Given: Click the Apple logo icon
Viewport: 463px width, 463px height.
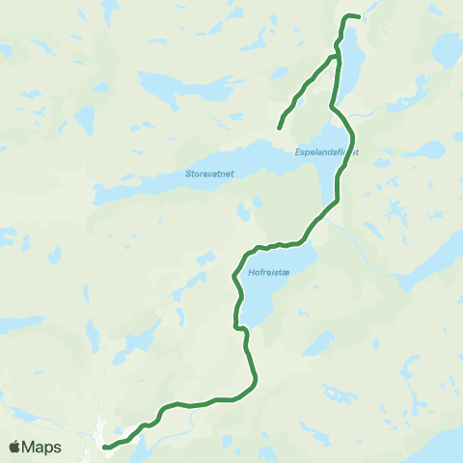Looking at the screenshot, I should click(15, 447).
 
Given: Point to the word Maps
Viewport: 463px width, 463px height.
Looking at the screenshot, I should click(43, 447).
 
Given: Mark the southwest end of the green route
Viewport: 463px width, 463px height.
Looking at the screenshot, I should click(104, 447).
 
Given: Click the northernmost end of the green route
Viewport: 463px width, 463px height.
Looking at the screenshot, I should click(359, 16).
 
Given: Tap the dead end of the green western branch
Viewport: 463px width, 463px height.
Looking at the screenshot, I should click(280, 127).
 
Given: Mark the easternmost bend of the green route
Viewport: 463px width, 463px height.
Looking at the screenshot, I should click(354, 135).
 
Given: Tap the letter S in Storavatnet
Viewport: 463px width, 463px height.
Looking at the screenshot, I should click(187, 175).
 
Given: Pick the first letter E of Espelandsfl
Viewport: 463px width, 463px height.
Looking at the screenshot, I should click(297, 152).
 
